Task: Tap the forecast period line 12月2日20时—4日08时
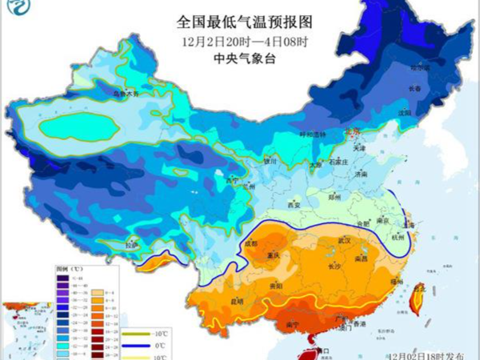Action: click(x=240, y=40)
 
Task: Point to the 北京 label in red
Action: click(x=353, y=131)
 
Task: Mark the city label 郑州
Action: click(x=334, y=196)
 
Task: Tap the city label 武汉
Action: click(x=346, y=241)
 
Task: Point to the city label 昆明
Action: click(x=235, y=302)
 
